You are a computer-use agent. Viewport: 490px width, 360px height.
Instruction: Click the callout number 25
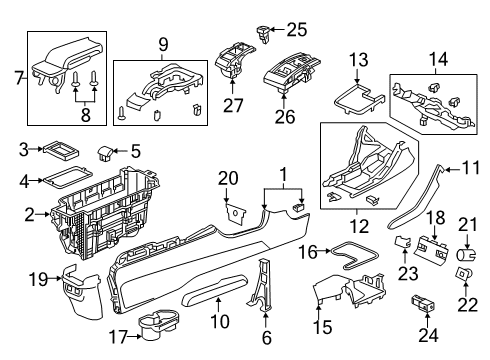(x=297, y=30)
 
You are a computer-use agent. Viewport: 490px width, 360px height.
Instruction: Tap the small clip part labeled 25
(x=263, y=34)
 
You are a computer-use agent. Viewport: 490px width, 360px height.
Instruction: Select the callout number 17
(x=119, y=337)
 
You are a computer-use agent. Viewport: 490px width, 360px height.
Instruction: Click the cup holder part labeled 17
(x=158, y=324)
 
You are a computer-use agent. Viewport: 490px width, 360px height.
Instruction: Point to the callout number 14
(x=438, y=59)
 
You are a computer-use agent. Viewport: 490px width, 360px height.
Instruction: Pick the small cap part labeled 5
(x=105, y=154)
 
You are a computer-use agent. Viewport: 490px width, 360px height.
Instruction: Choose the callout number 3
(x=23, y=150)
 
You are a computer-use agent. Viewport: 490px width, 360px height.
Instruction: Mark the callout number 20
(x=228, y=178)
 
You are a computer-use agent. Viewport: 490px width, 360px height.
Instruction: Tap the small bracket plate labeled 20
(x=235, y=212)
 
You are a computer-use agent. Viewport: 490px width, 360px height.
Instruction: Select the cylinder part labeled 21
(x=466, y=256)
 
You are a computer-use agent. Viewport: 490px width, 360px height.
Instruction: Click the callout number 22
(x=467, y=304)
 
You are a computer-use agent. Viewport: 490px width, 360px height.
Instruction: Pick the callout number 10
(x=220, y=322)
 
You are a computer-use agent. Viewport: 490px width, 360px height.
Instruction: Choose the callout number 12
(x=359, y=227)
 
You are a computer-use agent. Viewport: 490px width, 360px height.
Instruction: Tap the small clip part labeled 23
(x=404, y=242)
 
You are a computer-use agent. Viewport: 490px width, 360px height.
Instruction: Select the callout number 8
(x=86, y=115)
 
